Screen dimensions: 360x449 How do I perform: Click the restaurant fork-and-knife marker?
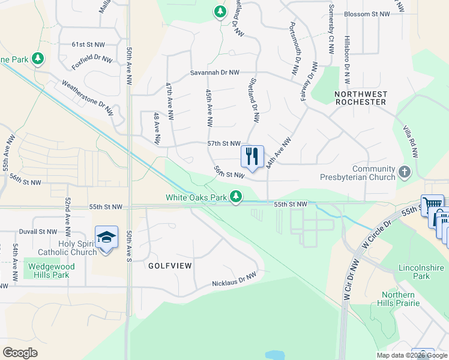pos(252,156)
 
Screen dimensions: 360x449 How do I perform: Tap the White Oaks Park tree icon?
pos(237,196)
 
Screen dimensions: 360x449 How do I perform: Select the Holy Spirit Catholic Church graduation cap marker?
pos(106,238)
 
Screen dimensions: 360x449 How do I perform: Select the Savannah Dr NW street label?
pos(215,73)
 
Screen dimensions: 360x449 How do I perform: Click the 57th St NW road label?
pos(223,144)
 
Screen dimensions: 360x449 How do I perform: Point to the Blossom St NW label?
pos(367,14)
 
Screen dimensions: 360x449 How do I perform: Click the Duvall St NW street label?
pos(37,231)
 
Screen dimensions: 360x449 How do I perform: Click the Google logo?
pos(20,352)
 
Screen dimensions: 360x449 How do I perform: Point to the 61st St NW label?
pos(88,45)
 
